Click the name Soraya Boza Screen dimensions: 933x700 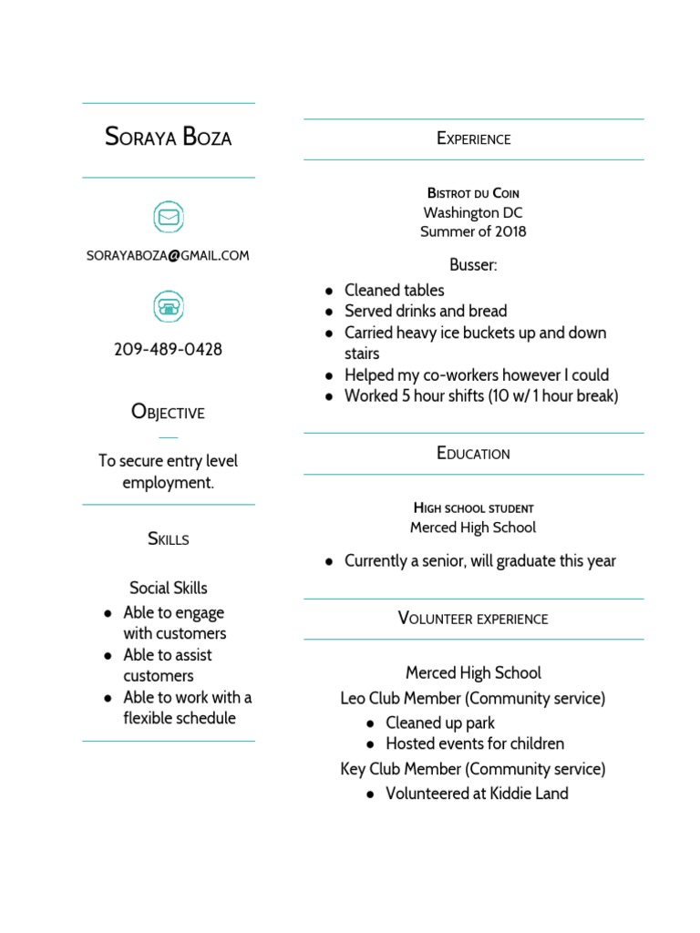coord(169,138)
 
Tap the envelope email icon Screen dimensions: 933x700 coord(168,217)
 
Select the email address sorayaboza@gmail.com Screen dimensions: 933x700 coord(168,256)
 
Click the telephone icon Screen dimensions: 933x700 coord(168,305)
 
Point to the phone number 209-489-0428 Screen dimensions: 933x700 coord(168,349)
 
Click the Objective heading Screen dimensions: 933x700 coord(168,412)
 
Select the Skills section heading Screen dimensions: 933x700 coord(168,538)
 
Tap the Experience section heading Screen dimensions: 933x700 coord(473,138)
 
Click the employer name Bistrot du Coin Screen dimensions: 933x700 coord(473,193)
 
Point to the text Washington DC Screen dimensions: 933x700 coord(473,212)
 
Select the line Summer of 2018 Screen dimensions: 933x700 coord(473,231)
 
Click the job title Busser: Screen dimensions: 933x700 coord(473,265)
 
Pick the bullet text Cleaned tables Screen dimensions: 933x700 coord(394,291)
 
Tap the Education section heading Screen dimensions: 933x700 coord(473,453)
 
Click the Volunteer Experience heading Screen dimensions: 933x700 coord(473,619)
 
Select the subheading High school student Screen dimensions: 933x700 coord(473,508)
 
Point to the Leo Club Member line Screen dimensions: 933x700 coord(473,699)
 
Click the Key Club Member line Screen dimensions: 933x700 coord(473,769)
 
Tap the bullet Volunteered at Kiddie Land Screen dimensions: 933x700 coord(477,794)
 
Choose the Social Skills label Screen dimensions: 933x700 coord(168,588)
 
